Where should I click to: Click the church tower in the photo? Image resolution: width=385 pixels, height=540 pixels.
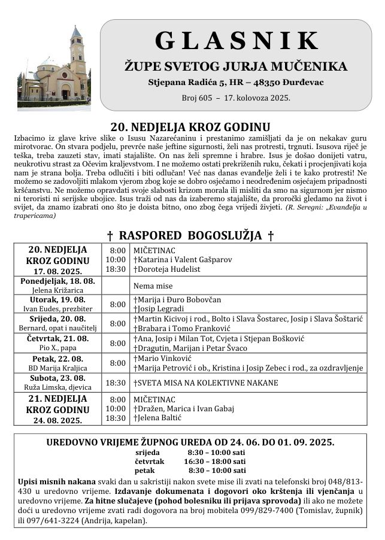point(77,57)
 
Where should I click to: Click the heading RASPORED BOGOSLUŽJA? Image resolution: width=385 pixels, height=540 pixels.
point(190,235)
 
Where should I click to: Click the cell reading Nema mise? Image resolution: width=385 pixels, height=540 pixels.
point(150,286)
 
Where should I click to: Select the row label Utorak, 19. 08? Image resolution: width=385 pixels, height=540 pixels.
point(57,299)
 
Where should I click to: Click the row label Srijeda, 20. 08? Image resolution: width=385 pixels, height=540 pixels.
point(57,319)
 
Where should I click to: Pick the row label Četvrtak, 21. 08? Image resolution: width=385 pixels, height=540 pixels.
point(57,339)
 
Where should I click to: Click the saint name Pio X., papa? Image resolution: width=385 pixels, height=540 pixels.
point(57,348)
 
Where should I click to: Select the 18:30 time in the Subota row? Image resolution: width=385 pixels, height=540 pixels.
point(116,383)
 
